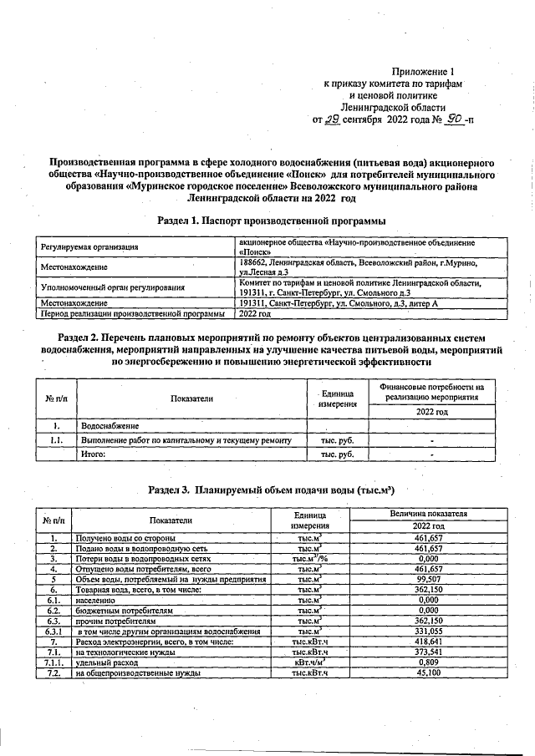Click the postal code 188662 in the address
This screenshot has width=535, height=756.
[254, 261]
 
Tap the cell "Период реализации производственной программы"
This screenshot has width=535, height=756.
[132, 314]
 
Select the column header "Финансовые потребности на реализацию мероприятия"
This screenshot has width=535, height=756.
[431, 393]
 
